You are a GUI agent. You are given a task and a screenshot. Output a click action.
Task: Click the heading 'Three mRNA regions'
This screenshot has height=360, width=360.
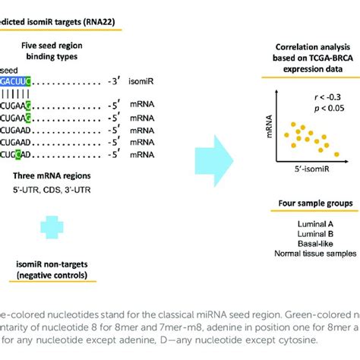pyautogui.click(x=49, y=175)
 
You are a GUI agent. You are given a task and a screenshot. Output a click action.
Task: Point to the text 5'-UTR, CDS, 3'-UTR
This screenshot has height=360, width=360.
pyautogui.click(x=49, y=188)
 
